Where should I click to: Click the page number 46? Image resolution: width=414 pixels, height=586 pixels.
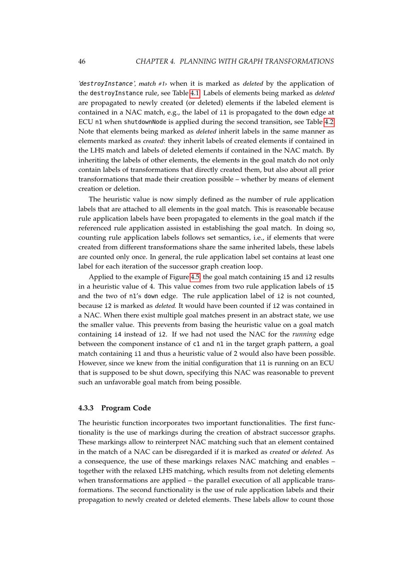pyautogui.click(x=82, y=61)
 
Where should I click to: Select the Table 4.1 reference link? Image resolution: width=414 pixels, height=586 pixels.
pyautogui.click(x=195, y=93)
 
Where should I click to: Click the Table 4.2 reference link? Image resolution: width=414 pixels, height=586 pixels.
pyautogui.click(x=329, y=122)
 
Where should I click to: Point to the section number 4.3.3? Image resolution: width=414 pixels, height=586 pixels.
pyautogui.click(x=86, y=408)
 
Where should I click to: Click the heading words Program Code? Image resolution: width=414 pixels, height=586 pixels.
pyautogui.click(x=126, y=408)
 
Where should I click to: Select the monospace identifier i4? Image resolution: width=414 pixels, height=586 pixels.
pyautogui.click(x=118, y=334)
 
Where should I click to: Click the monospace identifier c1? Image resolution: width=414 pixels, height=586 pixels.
pyautogui.click(x=196, y=344)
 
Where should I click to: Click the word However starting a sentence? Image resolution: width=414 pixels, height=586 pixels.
pyautogui.click(x=92, y=363)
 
